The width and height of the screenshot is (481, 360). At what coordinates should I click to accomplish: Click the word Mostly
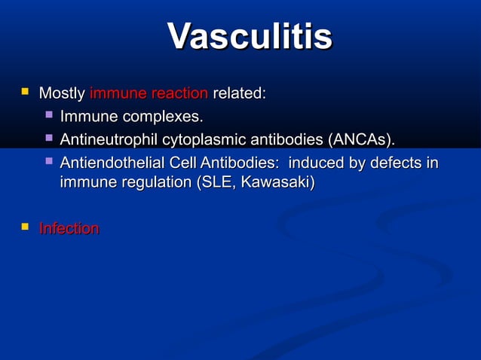pos(62,94)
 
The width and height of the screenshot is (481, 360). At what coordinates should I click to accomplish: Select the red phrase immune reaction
pos(149,94)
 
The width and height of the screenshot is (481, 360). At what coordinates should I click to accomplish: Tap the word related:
pos(239,94)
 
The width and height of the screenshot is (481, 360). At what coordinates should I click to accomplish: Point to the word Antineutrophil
pos(106,140)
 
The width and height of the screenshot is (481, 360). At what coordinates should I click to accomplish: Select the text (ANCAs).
pos(359,140)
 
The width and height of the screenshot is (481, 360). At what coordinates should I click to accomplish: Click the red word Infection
pos(69,228)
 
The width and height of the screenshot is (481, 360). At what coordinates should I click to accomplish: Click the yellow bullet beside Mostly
pos(26,93)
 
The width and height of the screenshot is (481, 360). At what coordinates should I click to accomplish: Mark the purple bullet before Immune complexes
pos(48,116)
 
